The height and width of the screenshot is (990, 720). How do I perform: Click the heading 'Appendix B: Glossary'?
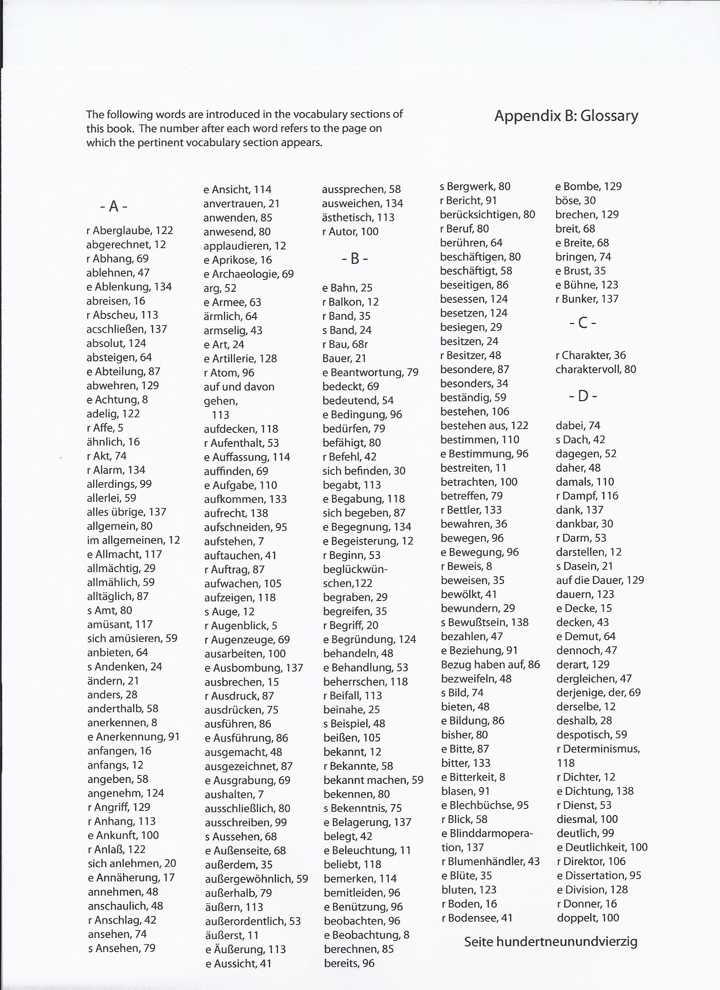[566, 116]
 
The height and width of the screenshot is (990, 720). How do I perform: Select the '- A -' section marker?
[114, 206]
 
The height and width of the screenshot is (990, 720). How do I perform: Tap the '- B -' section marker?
[354, 259]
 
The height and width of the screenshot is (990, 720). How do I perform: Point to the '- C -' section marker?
[582, 323]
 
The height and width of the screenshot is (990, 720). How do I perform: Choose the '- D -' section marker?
[582, 396]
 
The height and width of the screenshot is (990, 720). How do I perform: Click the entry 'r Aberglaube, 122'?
[130, 230]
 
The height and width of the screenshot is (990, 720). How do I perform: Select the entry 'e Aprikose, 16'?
[238, 260]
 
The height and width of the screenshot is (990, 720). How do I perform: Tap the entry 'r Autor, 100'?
[350, 232]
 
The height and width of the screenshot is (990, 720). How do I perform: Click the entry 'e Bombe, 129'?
[588, 186]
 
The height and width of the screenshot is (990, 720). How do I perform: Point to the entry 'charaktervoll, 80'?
[595, 369]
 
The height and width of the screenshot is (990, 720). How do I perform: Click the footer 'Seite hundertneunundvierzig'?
[550, 942]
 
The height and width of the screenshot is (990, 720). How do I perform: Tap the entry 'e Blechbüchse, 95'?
[485, 805]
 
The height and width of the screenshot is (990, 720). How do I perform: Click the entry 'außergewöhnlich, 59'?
[256, 879]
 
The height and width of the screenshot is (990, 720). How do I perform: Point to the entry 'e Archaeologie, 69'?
[249, 274]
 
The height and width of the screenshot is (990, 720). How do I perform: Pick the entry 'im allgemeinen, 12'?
[133, 540]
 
